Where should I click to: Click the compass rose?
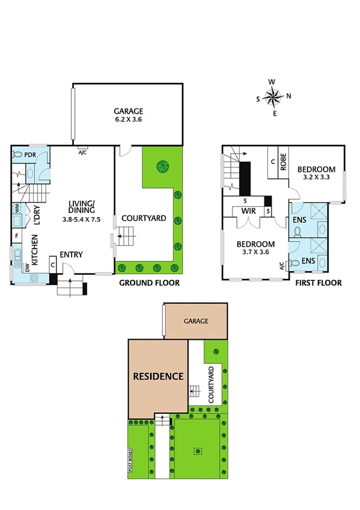[x=273, y=96]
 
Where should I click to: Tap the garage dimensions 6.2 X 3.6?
[x=129, y=120]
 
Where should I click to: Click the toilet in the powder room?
[x=18, y=155]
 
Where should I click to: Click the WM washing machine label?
[x=16, y=210]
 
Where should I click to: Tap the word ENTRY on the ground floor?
[x=71, y=255]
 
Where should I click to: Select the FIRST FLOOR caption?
[x=318, y=282]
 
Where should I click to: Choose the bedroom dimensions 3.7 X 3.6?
[x=255, y=253]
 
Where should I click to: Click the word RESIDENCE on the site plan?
[x=157, y=376]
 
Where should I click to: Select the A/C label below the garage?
[x=83, y=152]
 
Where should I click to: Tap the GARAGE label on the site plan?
[x=196, y=321]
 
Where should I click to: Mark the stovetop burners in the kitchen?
[x=34, y=278]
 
